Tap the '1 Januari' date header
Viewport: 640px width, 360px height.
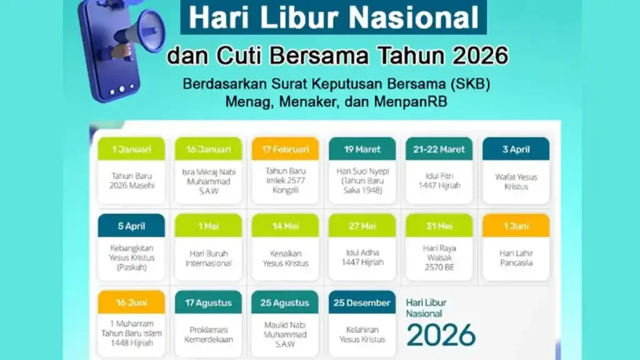131,149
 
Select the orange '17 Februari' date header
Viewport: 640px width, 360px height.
285,149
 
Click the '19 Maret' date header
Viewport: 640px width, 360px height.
362,149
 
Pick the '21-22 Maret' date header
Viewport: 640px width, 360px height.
439,149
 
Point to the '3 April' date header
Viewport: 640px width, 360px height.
516,149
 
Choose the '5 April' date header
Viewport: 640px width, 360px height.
131,226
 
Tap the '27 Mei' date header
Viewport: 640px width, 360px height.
362,226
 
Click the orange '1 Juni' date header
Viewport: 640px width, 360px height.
516,226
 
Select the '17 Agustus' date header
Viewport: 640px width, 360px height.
208,302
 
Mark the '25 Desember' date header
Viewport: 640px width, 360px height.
362,302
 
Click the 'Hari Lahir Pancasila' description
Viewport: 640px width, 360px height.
516,258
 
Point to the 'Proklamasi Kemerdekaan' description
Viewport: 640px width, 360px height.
208,334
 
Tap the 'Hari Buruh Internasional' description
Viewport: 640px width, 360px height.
208,258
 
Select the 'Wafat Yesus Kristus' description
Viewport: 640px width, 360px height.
516,181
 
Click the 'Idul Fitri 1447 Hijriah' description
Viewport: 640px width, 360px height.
439,181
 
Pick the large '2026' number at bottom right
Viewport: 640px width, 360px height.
441,335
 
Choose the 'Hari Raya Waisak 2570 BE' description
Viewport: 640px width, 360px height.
439,258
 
